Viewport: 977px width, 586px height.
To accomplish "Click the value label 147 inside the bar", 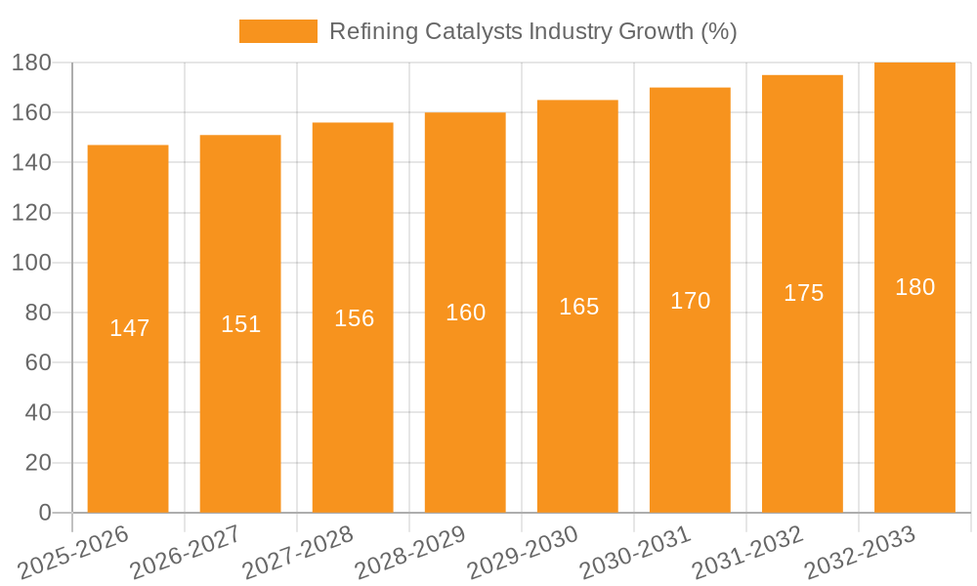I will pyautogui.click(x=129, y=328).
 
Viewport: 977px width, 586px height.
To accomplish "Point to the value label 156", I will pyautogui.click(x=354, y=318).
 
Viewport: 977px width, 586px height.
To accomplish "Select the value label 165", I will pyautogui.click(x=578, y=307).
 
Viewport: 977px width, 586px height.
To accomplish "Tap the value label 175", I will pyautogui.click(x=803, y=293).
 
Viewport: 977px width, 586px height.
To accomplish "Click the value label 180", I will pyautogui.click(x=914, y=287).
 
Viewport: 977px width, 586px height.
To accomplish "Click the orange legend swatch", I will pyautogui.click(x=278, y=31).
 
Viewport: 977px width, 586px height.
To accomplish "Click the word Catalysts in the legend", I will pyautogui.click(x=474, y=31).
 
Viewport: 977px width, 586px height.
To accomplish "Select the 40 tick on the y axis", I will pyautogui.click(x=37, y=413).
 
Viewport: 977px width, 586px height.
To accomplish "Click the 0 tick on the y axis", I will pyautogui.click(x=44, y=513).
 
